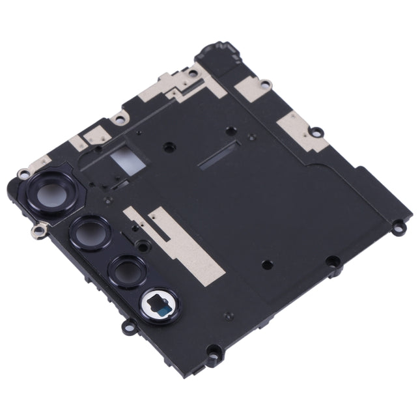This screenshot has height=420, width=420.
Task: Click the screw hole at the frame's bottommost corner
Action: point(212,355)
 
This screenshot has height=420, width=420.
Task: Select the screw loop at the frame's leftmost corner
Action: point(23,174)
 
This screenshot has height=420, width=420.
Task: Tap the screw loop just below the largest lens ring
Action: point(38,229)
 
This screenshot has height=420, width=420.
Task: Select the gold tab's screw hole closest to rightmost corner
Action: point(316,133)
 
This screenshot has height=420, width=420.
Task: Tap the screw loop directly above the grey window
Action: point(119,118)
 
